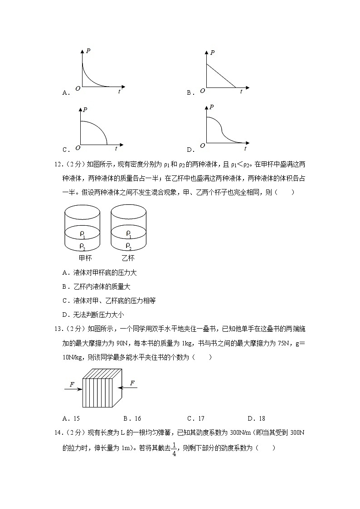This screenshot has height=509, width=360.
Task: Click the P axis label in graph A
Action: pos(88,51)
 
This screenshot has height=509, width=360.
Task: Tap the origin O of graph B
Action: pos(202,90)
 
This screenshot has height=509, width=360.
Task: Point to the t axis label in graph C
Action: pos(116,148)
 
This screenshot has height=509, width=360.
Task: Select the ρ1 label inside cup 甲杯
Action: pos(83,234)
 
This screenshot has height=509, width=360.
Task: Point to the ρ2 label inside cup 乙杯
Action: pos(129,246)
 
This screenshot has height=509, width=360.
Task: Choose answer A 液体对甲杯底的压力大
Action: pos(100,273)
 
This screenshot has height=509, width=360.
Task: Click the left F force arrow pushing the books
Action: pos(73,389)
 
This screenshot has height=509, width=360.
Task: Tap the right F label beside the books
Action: pos(132,383)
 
